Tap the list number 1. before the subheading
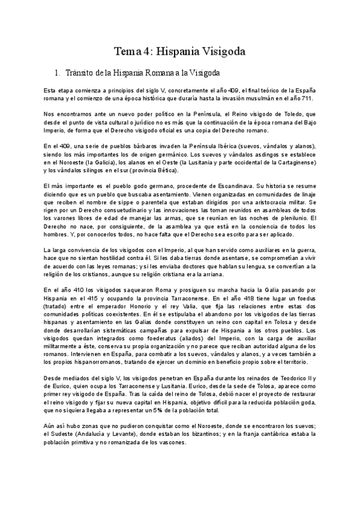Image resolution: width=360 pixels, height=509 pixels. pyautogui.click(x=57, y=73)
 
